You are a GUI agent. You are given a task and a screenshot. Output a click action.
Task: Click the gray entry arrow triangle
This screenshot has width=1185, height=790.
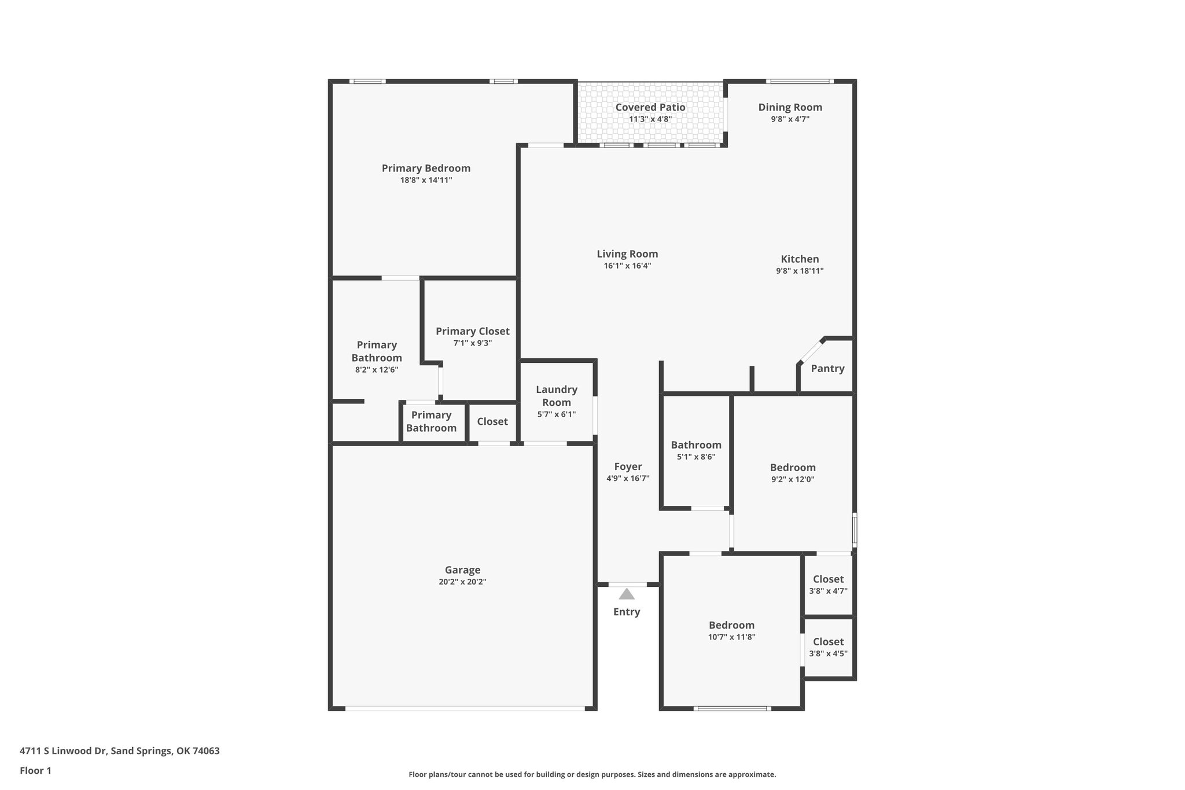click(x=627, y=594)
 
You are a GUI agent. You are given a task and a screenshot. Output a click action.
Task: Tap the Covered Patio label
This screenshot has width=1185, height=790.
click(x=650, y=107)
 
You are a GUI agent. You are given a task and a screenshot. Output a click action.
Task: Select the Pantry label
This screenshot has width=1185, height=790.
click(x=827, y=369)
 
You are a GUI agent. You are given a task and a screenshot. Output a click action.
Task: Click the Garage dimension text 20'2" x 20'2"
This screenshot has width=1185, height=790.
click(x=462, y=582)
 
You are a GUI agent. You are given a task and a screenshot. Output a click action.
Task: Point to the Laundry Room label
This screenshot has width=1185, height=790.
click(x=557, y=396)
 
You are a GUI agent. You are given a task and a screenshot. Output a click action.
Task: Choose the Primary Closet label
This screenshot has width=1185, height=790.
click(x=473, y=331)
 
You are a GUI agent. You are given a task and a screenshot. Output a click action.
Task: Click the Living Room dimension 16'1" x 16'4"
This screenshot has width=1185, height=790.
click(x=627, y=266)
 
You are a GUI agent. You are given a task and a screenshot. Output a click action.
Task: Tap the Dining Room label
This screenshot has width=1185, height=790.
click(x=790, y=107)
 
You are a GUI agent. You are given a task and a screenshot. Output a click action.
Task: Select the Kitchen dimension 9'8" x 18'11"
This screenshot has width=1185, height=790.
click(x=800, y=271)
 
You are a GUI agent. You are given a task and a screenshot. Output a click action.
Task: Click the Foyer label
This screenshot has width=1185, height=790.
click(x=628, y=466)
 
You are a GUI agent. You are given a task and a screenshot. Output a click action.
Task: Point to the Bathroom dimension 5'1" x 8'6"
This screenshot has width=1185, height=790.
click(x=696, y=457)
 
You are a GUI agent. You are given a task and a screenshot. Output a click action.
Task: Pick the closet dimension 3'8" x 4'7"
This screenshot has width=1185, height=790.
click(x=828, y=591)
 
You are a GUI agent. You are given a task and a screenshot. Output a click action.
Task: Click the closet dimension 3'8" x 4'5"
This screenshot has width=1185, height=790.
click(x=828, y=653)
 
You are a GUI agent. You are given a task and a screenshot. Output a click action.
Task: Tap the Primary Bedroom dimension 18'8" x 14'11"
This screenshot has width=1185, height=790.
click(x=426, y=180)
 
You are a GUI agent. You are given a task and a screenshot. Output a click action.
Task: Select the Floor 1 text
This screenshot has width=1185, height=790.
click(x=36, y=770)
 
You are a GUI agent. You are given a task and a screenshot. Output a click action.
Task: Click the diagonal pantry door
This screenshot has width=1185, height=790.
click(x=811, y=351)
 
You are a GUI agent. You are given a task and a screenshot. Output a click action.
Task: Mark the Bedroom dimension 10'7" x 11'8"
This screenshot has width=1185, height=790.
click(x=731, y=637)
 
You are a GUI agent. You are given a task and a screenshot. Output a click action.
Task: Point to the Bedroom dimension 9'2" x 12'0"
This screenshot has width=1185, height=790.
click(x=793, y=479)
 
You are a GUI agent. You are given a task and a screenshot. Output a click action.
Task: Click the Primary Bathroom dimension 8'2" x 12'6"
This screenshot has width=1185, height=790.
click(x=377, y=370)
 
